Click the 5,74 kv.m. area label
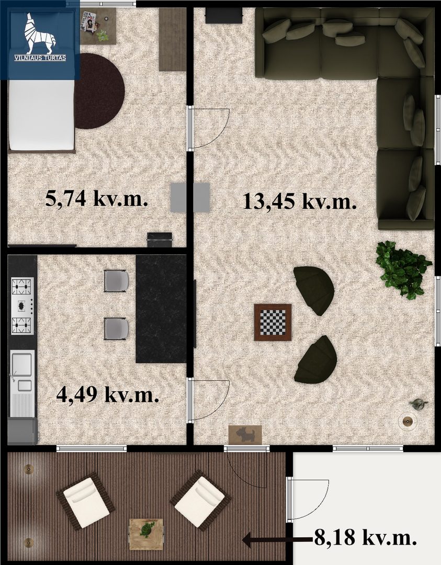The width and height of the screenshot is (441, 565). tap(97, 199)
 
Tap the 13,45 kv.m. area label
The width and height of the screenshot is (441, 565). tap(300, 201)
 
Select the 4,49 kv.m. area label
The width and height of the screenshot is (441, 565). tap(108, 394)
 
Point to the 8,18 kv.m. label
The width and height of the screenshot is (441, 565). tap(366, 538)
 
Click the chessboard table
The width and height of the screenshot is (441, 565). tap(273, 322)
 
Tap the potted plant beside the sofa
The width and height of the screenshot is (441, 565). tap(403, 270)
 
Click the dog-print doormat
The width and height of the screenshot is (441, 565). tap(245, 435)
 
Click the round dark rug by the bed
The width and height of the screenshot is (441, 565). tap(99, 91)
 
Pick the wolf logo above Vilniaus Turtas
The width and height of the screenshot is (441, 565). tap(40, 33)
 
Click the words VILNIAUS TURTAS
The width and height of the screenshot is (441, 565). tap(40, 58)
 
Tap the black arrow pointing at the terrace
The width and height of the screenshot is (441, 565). tap(277, 540)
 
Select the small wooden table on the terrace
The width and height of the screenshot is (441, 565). tap(146, 534)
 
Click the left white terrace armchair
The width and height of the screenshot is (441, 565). tap(85, 501)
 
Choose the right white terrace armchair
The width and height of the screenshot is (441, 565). tap(201, 499)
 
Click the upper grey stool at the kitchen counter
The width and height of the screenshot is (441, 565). tap(116, 281)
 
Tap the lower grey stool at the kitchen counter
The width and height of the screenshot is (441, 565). tap(116, 329)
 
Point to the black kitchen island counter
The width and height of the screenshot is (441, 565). tap(161, 309)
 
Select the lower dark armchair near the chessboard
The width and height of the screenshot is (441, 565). tap(316, 359)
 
